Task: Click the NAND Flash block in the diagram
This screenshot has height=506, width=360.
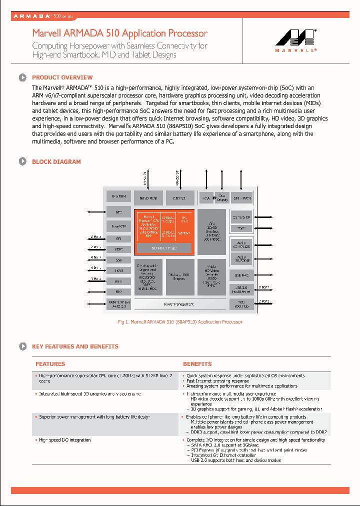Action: tap(148, 198)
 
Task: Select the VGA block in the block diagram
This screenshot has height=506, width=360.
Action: tap(205, 198)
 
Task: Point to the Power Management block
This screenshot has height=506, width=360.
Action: tap(178, 304)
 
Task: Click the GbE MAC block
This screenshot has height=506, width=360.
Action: tap(241, 274)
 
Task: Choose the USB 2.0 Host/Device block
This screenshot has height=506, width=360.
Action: tap(241, 289)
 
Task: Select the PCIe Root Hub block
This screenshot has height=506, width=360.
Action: tap(241, 304)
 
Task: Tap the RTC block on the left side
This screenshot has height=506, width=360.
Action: tap(118, 212)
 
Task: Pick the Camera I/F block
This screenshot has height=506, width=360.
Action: tap(241, 217)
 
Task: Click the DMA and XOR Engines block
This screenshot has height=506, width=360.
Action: tap(179, 276)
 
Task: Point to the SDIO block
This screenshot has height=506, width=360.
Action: tap(118, 249)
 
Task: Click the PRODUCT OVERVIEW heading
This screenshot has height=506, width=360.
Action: tap(62, 77)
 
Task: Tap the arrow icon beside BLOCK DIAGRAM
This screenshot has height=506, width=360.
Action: tap(22, 161)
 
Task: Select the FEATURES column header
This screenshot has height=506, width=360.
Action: tap(50, 364)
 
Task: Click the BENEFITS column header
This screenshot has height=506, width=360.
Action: tap(197, 364)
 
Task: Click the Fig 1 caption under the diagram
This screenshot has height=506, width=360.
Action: tap(180, 322)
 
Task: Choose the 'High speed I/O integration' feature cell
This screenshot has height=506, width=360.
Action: tap(65, 440)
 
